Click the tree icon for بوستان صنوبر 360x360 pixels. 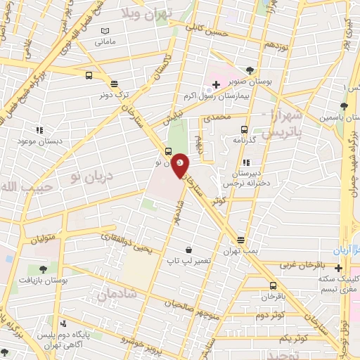(250, 70)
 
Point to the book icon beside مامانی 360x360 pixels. (105, 31)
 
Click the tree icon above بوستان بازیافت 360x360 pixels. (44, 269)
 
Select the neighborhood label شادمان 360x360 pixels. (110, 296)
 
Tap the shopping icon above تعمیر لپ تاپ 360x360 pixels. (188, 250)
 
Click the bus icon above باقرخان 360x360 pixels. (274, 285)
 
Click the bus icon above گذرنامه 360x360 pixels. (244, 129)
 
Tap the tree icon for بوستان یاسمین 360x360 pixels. (343, 108)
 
